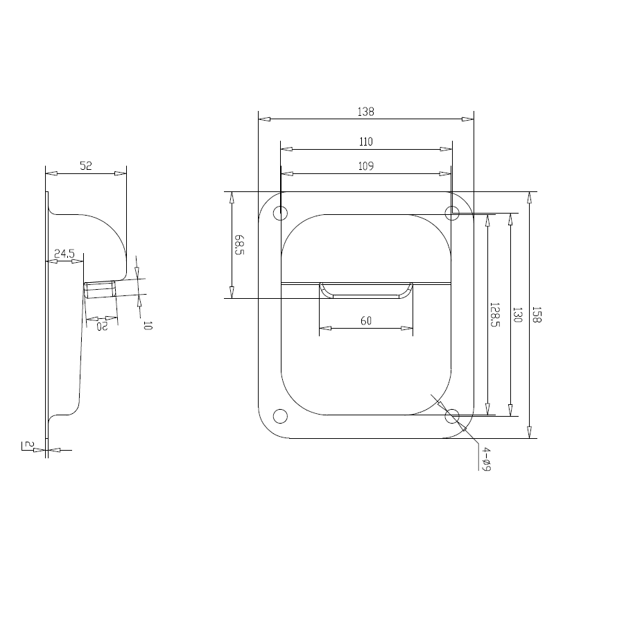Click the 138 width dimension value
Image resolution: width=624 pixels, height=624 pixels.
365,112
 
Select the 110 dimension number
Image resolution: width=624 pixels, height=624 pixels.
365,142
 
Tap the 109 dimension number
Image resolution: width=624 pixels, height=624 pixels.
365,166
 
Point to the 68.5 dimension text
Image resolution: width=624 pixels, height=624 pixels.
239,245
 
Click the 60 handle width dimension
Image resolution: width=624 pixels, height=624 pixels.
365,321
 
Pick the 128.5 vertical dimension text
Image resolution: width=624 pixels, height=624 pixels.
494,314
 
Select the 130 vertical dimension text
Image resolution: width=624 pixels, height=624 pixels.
517,314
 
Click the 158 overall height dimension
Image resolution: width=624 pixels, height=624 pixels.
537,314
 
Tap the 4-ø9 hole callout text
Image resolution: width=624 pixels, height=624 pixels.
486,459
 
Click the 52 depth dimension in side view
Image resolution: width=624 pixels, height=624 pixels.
85,166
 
